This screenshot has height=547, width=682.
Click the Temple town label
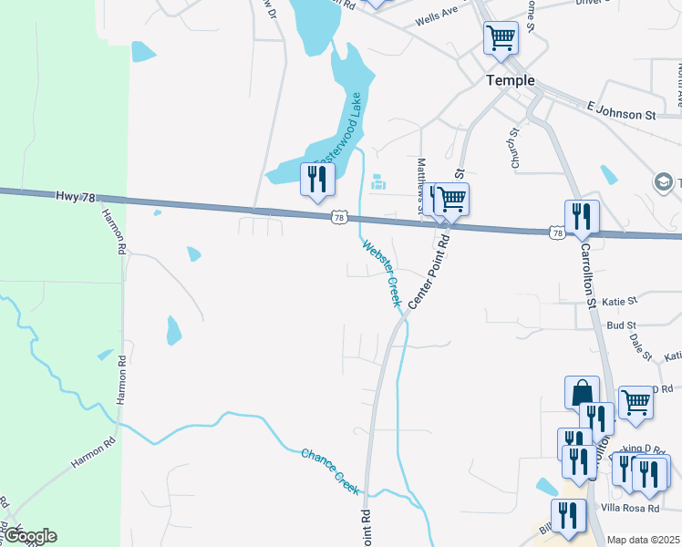[511, 80]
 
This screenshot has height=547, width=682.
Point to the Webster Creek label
[382, 273]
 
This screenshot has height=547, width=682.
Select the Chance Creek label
[332, 466]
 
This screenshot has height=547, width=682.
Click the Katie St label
[619, 299]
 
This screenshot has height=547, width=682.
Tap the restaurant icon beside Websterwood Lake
[315, 179]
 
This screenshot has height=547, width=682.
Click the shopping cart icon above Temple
[501, 38]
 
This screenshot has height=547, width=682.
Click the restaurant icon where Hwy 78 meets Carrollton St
[581, 217]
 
